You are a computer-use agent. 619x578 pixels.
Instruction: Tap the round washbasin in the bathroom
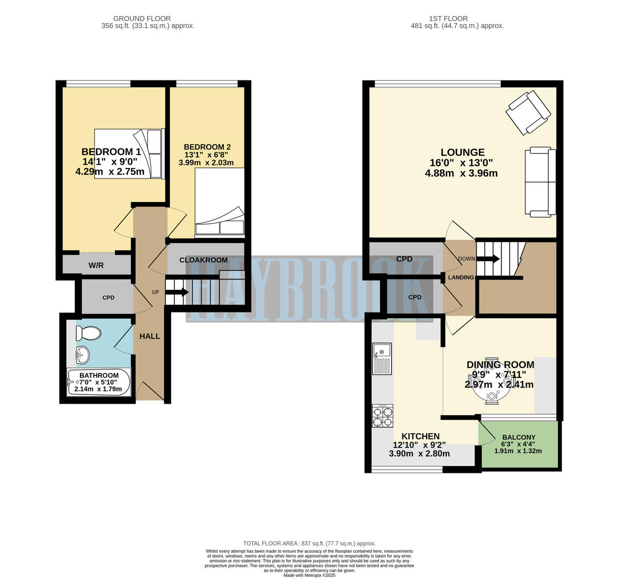tap(82, 354)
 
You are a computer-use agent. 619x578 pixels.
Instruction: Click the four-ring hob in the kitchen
tap(382, 416)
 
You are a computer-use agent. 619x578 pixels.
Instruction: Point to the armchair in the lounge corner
tap(528, 112)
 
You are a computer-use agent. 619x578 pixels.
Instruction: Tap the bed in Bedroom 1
tap(129, 154)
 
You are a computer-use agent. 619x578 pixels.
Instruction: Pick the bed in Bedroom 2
tap(219, 203)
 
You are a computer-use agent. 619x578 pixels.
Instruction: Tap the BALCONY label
tap(518, 437)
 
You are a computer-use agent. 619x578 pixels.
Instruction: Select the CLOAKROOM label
tap(203, 260)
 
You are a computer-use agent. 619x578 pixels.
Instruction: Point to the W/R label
tap(96, 266)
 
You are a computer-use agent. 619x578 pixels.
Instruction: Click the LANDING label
tap(461, 277)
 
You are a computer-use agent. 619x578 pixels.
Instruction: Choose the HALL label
tap(150, 336)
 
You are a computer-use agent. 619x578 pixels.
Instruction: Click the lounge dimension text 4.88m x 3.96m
tap(461, 173)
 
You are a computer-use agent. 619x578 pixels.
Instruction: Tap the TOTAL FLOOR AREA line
tap(309, 543)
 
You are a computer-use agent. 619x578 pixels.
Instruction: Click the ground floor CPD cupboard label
tap(108, 298)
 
